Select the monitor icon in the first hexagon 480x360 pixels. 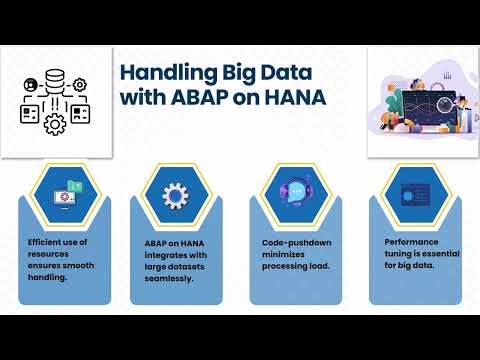(x=62, y=193)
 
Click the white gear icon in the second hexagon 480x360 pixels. (x=176, y=194)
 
